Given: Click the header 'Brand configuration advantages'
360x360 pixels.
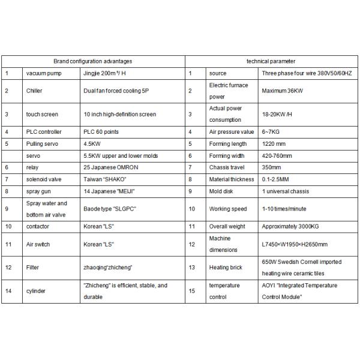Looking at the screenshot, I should pyautogui.click(x=93, y=61).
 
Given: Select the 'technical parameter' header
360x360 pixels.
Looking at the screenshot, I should pyautogui.click(x=271, y=61).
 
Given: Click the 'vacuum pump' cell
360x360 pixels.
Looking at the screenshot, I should pyautogui.click(x=41, y=73).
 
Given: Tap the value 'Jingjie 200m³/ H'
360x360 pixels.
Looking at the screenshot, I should pyautogui.click(x=105, y=73).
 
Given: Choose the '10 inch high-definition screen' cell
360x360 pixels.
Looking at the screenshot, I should pyautogui.click(x=119, y=114).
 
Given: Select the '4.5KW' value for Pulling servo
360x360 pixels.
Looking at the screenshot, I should pyautogui.click(x=92, y=144).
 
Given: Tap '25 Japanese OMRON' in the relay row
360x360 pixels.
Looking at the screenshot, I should pyautogui.click(x=111, y=167).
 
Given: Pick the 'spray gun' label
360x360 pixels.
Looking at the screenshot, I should pyautogui.click(x=38, y=191).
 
